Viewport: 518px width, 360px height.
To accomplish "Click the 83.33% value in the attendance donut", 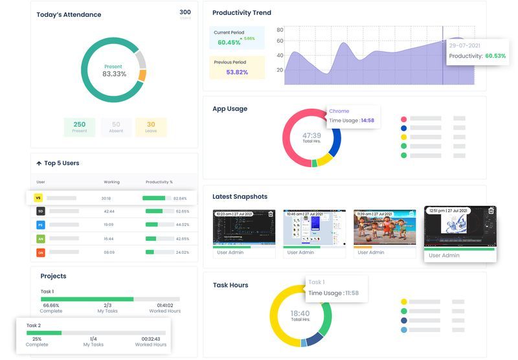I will tap(114, 74).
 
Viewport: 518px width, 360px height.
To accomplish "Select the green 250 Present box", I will tap(80, 127).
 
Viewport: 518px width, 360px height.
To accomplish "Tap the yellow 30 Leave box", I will tap(151, 127).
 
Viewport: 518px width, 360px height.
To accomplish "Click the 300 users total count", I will tap(185, 12).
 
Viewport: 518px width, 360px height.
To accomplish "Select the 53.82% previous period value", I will tap(237, 72).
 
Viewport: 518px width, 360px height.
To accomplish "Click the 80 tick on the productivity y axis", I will tap(280, 30).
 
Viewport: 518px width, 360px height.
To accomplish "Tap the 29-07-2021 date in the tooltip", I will tap(464, 46).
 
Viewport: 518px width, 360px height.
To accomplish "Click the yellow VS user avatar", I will tap(38, 198).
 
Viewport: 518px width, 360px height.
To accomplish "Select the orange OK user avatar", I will tap(40, 253).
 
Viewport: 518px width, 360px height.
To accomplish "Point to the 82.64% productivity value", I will tap(181, 198).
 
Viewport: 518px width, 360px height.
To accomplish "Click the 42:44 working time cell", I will tap(109, 211).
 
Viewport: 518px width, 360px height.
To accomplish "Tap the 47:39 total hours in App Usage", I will tap(311, 136).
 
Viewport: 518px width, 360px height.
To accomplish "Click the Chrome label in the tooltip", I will tap(339, 111).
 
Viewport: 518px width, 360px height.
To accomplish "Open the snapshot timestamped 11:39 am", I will tap(385, 227).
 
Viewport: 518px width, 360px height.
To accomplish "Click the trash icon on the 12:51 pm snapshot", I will tap(491, 210).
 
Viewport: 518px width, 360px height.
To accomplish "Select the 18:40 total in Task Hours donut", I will tap(300, 313).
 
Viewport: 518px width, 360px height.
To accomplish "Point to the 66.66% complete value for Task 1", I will tap(51, 305).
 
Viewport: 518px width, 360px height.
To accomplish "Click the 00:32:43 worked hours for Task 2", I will tap(151, 339).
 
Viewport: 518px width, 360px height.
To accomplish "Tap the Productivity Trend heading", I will tap(242, 13).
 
